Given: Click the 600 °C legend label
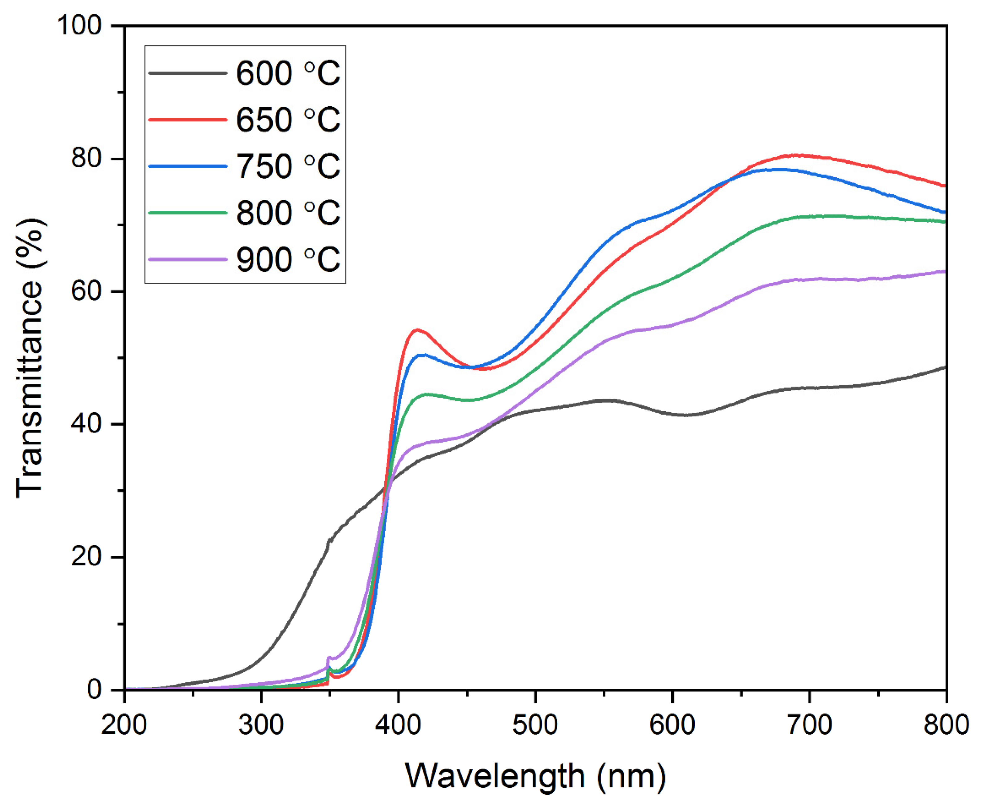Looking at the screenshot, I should (x=288, y=73).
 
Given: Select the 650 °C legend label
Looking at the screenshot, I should (x=288, y=120).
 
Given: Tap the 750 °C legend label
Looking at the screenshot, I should (x=288, y=166).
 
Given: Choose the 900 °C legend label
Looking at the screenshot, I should (x=288, y=259).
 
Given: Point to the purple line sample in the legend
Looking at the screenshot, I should (x=188, y=259).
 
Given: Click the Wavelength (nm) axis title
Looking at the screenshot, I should (x=535, y=776).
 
